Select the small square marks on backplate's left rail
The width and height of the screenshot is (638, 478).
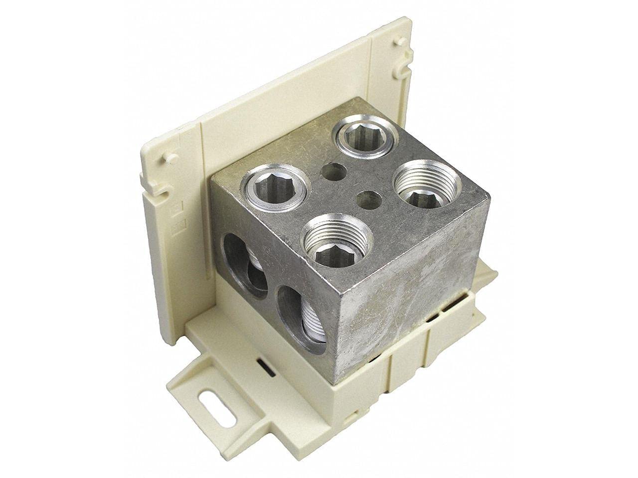[x=175, y=219]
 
